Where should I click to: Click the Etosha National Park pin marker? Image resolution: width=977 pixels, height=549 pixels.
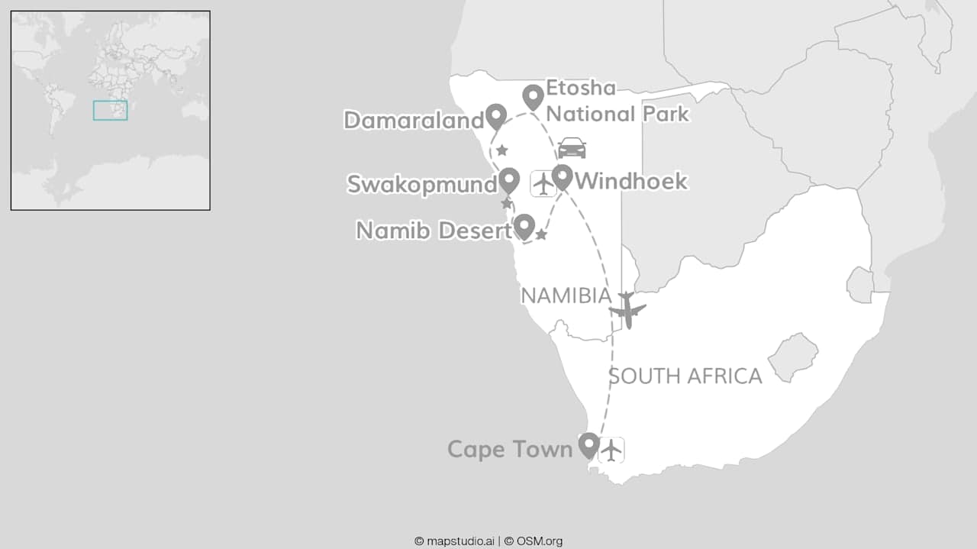click(x=533, y=96)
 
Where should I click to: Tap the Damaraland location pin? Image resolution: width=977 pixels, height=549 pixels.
click(x=496, y=115)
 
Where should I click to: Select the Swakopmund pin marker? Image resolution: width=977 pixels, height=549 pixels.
click(x=509, y=180)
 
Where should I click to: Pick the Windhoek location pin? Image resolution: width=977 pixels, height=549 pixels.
click(x=563, y=176)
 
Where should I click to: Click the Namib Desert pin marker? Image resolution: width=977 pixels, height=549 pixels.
click(x=524, y=226)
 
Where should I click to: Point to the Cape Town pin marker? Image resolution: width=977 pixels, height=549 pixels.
click(x=588, y=444)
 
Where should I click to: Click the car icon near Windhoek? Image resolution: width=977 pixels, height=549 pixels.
click(x=572, y=148)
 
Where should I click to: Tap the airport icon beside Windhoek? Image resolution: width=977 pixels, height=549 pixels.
click(x=543, y=184)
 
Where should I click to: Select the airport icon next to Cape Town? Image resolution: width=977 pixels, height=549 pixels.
click(x=611, y=450)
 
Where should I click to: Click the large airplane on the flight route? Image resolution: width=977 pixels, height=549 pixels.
click(x=627, y=310)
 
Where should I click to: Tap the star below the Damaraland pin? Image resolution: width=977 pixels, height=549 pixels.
click(x=502, y=150)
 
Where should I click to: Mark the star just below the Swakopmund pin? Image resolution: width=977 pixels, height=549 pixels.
click(x=506, y=204)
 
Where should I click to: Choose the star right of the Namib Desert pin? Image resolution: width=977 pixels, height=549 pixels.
click(x=541, y=234)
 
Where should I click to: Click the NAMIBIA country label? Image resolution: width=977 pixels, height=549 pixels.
click(x=566, y=296)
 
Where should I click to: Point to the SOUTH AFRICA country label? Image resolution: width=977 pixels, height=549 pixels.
click(x=685, y=376)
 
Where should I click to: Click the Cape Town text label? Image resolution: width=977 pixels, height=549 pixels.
click(x=510, y=449)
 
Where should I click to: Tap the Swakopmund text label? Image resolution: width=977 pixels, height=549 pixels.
click(x=422, y=184)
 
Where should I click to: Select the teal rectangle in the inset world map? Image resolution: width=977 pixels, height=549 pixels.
click(x=111, y=111)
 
